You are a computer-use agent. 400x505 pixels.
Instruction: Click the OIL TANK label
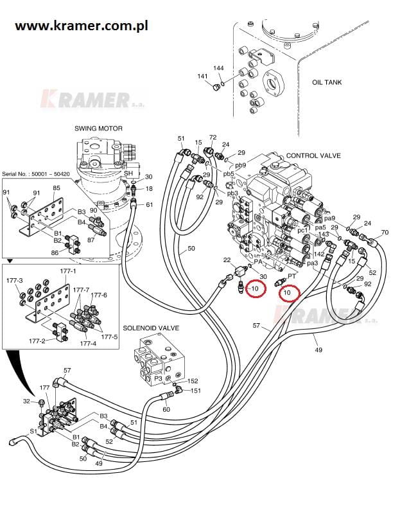point(326,82)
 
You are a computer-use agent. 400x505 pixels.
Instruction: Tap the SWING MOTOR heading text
point(98,128)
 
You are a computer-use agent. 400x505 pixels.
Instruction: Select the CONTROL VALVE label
point(313,155)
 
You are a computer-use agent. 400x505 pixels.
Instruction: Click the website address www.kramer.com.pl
point(82,26)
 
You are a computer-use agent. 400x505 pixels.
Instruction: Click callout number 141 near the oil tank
point(202,76)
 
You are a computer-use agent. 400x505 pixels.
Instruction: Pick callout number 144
point(218,68)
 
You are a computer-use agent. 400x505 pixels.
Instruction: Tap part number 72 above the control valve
point(213,137)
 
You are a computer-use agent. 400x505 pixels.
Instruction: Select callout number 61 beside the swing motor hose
point(149,205)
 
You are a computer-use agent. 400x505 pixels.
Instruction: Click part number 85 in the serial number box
point(57,188)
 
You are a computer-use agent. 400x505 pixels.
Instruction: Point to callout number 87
point(91,240)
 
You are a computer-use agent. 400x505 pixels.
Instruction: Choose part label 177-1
point(67,270)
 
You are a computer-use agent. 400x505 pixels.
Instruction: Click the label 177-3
point(14,281)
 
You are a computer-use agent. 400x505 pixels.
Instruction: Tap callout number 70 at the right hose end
point(385,232)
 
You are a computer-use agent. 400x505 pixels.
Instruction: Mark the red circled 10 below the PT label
point(287,293)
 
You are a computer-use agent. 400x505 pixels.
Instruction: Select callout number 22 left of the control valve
point(227,259)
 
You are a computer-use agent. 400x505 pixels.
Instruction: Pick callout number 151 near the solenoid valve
point(196,391)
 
